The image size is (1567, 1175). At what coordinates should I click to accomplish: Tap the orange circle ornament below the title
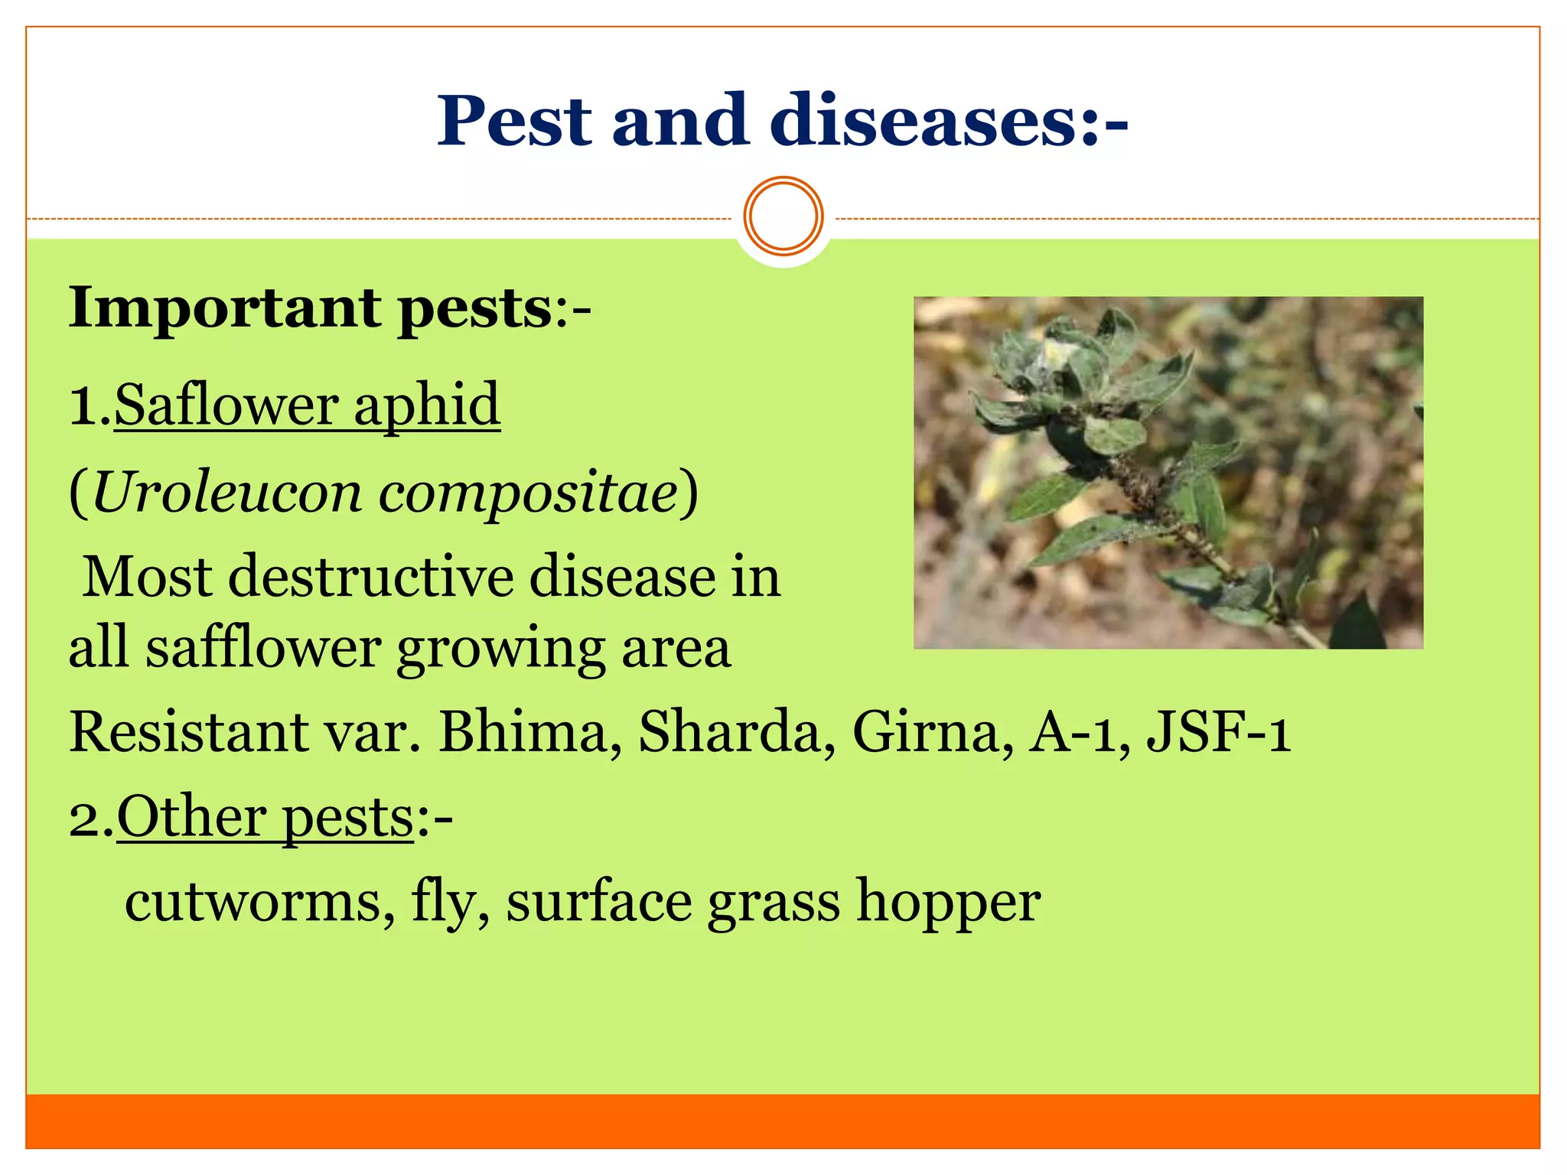point(783,216)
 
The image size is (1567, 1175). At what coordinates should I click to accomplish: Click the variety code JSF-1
point(1219,731)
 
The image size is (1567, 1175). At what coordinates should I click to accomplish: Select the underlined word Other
point(191,817)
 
